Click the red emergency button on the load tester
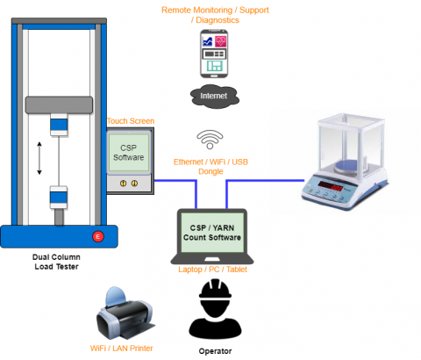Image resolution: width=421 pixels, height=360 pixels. pos(98,236)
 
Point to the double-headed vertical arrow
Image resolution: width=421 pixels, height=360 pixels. pos(39,159)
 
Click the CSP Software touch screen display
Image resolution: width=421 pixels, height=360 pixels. pos(128,152)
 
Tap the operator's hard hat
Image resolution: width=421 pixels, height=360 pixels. pos(214,293)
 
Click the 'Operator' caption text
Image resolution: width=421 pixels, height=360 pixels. pos(214,350)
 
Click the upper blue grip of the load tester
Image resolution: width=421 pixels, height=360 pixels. pos(59,125)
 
